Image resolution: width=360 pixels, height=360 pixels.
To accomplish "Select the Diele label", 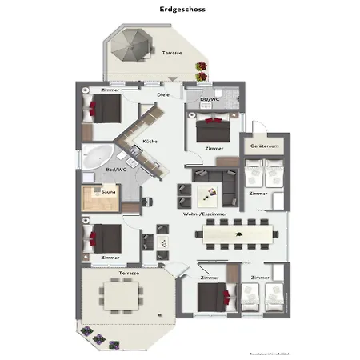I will coord(163,95).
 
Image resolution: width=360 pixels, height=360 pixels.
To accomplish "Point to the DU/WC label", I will coord(210,99).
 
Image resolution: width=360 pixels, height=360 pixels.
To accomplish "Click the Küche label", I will coord(150,142).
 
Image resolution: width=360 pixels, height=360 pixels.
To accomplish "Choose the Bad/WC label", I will coord(116,170).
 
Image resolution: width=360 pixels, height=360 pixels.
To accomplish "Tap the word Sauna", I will coord(107,191).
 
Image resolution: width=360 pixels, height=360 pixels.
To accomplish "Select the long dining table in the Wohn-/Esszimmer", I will coord(238,234).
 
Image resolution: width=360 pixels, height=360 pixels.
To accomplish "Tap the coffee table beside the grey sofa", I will coord(210,193).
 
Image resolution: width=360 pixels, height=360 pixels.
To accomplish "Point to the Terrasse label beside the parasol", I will coord(171,53).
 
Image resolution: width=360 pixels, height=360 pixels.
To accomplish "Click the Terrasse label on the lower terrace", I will coord(130,274).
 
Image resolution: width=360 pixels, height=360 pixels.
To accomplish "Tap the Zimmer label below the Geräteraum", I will coord(258,194).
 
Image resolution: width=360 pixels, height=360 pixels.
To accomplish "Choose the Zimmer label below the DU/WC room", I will coord(214,149).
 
